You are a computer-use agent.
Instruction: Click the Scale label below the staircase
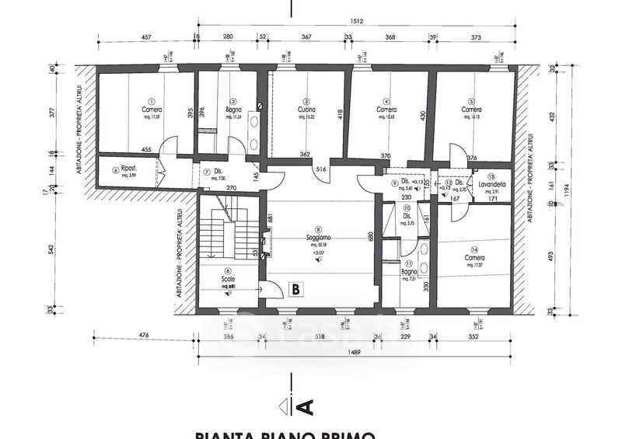click(x=228, y=278)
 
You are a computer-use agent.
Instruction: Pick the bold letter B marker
click(x=295, y=289)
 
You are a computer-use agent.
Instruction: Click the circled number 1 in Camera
click(x=152, y=101)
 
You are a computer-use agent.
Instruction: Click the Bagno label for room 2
click(x=231, y=110)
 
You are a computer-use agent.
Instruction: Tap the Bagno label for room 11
click(x=410, y=272)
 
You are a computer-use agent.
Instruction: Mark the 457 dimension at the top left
click(x=145, y=37)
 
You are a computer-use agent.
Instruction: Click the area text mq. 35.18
click(x=318, y=246)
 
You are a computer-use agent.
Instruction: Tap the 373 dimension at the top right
click(x=474, y=37)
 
